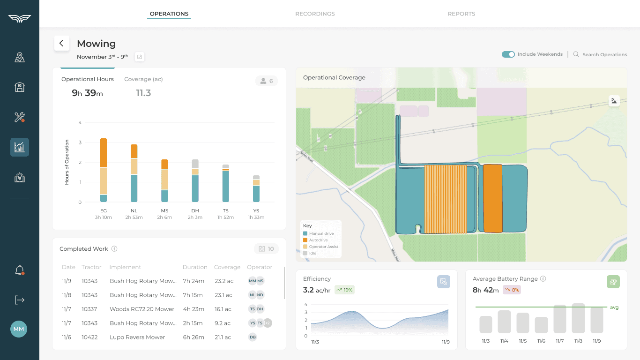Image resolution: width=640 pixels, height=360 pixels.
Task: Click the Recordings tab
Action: coord(315,14)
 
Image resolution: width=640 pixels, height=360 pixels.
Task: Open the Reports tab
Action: coord(461,14)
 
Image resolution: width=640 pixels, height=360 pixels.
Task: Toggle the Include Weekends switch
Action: coord(508,54)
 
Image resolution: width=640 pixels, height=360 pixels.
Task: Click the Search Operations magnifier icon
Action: coord(576,54)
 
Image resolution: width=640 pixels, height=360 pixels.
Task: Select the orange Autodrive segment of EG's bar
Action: coord(104,153)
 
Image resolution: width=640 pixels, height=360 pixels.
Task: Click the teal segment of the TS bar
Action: coord(226,186)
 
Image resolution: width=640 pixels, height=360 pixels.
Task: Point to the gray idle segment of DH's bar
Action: coord(195,164)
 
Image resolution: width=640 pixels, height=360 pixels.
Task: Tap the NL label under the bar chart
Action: coord(134,211)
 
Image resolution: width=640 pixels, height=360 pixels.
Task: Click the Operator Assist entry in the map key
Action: coord(323,247)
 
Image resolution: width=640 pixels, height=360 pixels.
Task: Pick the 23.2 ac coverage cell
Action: coord(223,281)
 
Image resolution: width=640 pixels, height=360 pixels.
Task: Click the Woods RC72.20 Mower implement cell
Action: coord(142,309)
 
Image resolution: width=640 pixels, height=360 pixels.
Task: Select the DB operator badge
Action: coord(253,337)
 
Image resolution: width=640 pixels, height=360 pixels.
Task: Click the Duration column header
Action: coord(195,267)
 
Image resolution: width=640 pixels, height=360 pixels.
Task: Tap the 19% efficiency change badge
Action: coord(344,290)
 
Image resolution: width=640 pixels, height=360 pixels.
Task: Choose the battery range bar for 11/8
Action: coord(578,318)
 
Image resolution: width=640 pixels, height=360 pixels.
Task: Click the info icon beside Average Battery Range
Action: coord(543,279)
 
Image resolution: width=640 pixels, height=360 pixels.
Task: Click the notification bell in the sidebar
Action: coord(19,270)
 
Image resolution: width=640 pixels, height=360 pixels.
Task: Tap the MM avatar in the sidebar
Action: coord(19,329)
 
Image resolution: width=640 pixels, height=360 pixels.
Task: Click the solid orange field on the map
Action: coord(492,198)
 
